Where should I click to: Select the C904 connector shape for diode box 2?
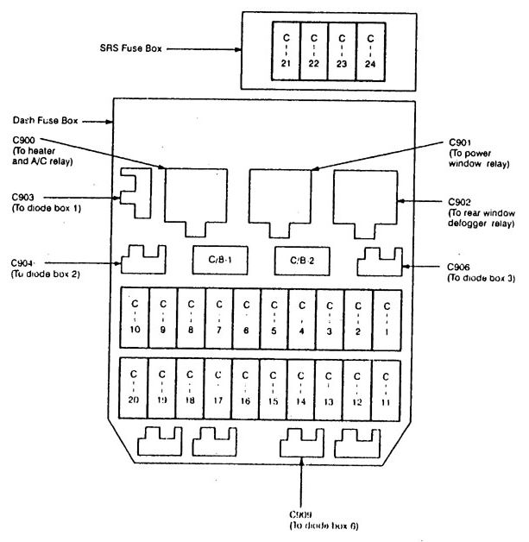(143, 259)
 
